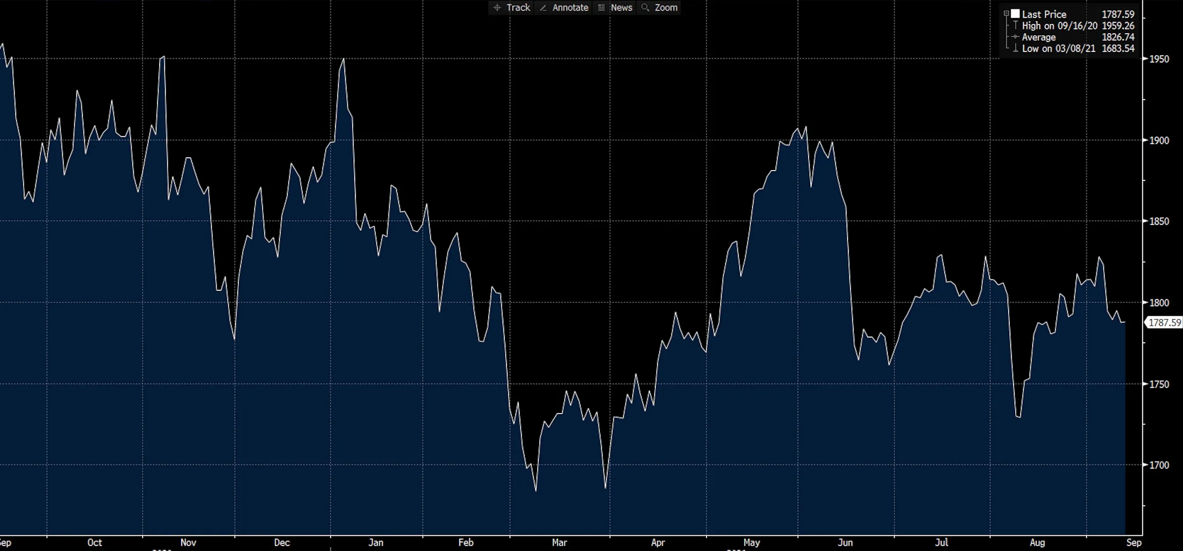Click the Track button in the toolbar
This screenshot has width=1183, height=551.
tap(512, 8)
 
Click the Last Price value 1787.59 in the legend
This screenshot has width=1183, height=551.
tap(1118, 14)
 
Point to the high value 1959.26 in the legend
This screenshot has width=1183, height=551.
tap(1118, 26)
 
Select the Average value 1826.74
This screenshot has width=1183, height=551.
tap(1118, 37)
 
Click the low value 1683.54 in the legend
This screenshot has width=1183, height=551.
tap(1118, 48)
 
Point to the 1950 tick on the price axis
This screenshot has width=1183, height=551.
tap(1159, 59)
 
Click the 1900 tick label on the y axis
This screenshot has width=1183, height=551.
tap(1159, 140)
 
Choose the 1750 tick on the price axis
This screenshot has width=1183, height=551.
tap(1159, 384)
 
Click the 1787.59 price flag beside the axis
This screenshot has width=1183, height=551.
tap(1164, 323)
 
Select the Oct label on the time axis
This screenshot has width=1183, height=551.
tap(95, 543)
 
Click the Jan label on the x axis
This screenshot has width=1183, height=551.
tap(375, 543)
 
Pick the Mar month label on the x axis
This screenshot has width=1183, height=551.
tap(559, 543)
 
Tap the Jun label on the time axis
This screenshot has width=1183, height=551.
tap(845, 543)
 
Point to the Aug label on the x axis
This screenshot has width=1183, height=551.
tap(1037, 543)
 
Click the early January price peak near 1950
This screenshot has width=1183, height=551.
tap(344, 59)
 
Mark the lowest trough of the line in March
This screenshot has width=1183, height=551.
tap(536, 491)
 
